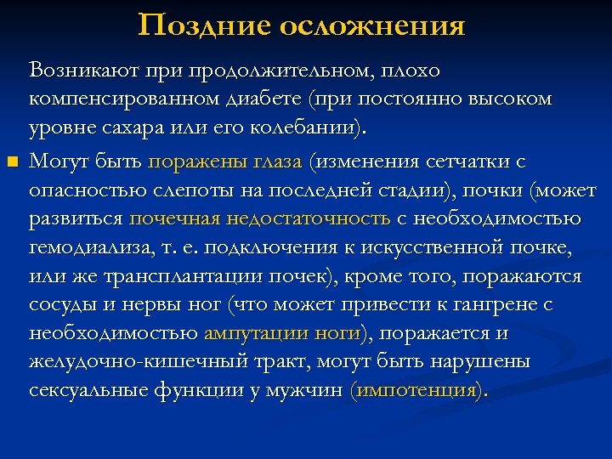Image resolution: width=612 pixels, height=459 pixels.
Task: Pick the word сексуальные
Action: point(89,391)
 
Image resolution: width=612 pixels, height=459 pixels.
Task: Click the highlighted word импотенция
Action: point(416,391)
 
